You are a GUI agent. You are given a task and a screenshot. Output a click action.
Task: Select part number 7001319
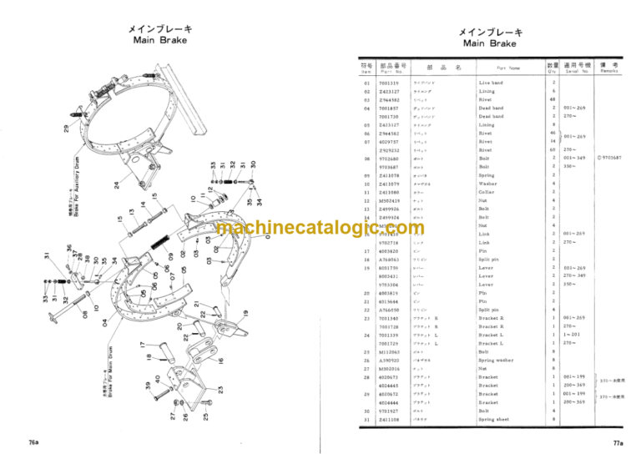point(389,83)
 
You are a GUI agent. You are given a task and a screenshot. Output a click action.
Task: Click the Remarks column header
point(607,67)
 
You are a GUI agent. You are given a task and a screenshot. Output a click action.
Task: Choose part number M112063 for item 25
point(389,351)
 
